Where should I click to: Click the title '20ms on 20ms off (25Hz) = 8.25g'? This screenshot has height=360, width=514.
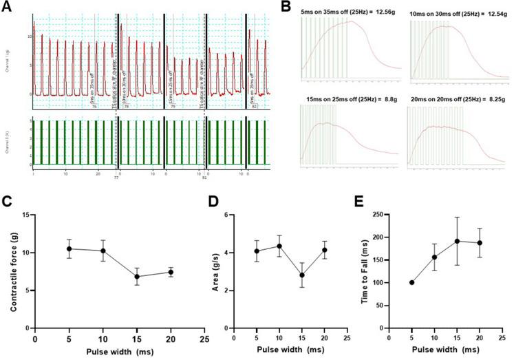457,101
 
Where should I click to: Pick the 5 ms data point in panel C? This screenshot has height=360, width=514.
69,249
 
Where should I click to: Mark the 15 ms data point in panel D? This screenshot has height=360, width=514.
301,275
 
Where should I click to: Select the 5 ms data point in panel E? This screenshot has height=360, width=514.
411,282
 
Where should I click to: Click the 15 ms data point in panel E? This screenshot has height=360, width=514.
456,241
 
